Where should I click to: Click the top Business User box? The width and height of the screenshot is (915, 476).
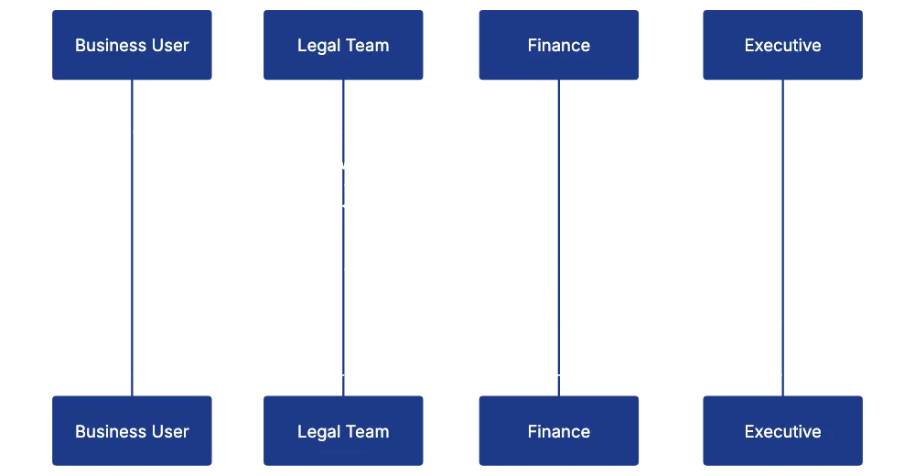[132, 45]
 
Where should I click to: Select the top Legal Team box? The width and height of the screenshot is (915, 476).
[343, 45]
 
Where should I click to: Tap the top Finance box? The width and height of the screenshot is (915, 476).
[559, 45]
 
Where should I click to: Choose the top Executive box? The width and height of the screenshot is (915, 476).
[782, 45]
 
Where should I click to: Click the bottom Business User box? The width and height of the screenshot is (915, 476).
[132, 431]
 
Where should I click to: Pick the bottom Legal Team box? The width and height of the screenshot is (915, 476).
[343, 431]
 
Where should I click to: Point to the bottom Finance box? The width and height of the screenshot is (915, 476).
[559, 431]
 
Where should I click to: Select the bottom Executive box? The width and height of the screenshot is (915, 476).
[782, 431]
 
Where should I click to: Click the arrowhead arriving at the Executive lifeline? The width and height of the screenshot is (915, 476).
[777, 322]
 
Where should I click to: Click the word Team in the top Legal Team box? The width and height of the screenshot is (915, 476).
[368, 45]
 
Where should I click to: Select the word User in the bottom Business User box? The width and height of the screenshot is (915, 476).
[169, 431]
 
